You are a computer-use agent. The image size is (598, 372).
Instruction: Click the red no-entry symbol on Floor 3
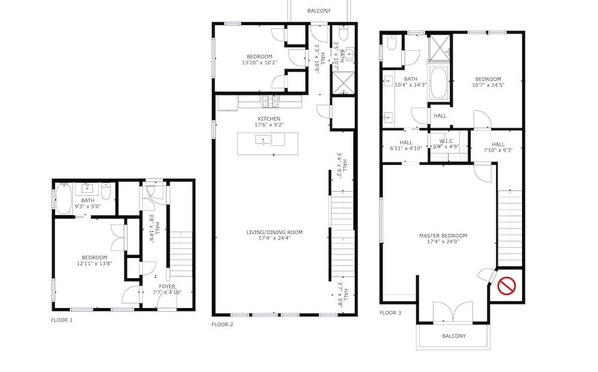tap(507, 286)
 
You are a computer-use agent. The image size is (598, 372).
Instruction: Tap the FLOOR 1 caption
tap(62, 320)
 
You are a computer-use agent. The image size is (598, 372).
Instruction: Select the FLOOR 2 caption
tap(222, 325)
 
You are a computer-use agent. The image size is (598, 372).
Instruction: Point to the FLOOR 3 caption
tap(390, 313)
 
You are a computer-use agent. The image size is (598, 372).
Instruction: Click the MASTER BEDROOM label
tap(443, 236)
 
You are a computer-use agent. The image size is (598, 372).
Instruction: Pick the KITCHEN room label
tap(269, 119)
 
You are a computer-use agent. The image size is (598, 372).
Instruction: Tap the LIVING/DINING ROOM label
tap(274, 232)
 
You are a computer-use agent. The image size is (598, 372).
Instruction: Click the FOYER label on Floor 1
tap(167, 287)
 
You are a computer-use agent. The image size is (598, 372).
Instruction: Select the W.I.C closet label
tap(446, 141)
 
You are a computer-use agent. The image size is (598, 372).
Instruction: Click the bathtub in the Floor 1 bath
tap(64, 198)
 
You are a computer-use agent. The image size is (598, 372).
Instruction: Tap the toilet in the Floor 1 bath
tap(106, 190)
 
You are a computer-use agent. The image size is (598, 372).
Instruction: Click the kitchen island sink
tap(263, 140)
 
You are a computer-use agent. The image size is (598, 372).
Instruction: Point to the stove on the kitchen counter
tap(270, 102)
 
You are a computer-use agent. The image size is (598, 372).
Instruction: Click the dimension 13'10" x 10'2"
tap(260, 63)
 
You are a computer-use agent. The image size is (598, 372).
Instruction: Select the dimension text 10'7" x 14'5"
tap(488, 85)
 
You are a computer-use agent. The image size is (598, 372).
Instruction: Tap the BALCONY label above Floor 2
tap(319, 11)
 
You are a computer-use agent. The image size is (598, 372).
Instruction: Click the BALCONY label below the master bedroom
tap(454, 336)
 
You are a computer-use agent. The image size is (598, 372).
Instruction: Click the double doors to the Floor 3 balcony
tap(453, 312)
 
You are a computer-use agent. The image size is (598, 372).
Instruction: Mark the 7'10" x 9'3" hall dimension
tap(498, 150)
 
